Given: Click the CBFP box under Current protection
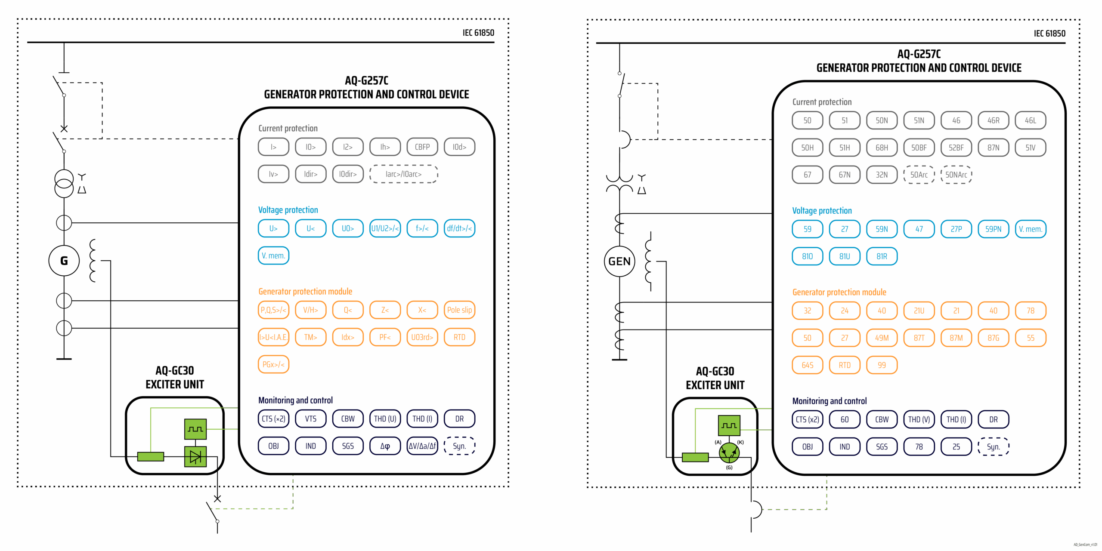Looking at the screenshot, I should (x=422, y=147).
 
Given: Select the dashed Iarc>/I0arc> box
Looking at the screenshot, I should (x=403, y=174).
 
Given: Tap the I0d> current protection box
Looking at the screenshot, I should (x=459, y=147).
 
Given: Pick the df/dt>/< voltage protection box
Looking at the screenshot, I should (x=459, y=228).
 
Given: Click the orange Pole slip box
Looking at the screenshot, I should (x=459, y=310).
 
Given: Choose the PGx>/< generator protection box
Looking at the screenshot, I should (x=273, y=364).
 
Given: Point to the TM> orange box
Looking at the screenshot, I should (x=310, y=337).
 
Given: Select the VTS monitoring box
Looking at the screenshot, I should (x=310, y=419).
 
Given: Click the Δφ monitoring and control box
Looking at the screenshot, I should (x=385, y=446).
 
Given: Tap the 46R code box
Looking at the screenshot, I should (x=993, y=120).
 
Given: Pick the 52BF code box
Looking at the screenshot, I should (x=956, y=148).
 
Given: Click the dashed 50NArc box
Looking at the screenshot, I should (x=956, y=175).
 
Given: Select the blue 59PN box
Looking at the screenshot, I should (x=993, y=229).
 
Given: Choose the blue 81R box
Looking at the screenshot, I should (x=882, y=256).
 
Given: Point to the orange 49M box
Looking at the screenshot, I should (x=882, y=338).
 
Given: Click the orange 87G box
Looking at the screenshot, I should (x=993, y=338).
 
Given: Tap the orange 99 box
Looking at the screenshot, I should (x=882, y=365).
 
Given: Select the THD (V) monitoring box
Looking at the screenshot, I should (x=919, y=420).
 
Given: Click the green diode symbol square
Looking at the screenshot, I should (x=195, y=456).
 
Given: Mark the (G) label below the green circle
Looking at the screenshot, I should (x=729, y=468).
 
